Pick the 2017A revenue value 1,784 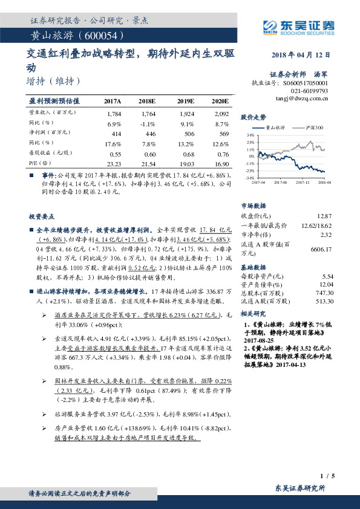[113, 114]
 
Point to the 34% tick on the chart [250, 135]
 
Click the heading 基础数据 [254, 267]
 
